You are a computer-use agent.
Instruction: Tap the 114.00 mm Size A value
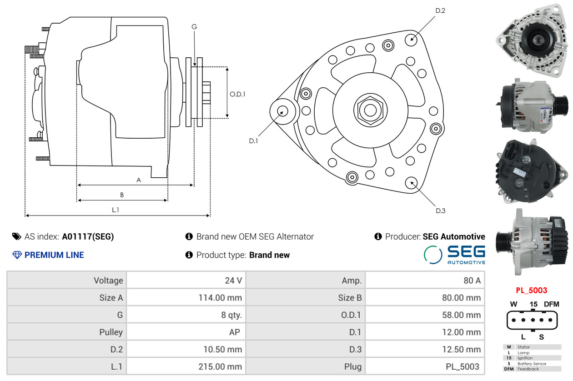point(220,298)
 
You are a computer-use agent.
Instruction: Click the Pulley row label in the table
point(111,332)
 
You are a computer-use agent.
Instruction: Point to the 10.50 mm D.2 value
point(222,349)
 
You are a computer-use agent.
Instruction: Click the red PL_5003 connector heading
point(531,290)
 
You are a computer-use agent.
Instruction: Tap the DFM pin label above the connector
point(552,304)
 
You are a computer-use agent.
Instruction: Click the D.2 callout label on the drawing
point(440,11)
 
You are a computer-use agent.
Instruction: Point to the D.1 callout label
point(253,141)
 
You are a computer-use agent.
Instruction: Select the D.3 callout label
point(441,211)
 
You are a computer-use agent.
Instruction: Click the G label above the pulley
point(194,26)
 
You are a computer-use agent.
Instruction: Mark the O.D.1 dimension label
point(237,95)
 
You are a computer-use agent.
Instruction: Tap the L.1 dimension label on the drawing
point(116,210)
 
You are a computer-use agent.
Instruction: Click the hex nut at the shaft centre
point(370,110)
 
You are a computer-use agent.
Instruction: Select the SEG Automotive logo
point(454,255)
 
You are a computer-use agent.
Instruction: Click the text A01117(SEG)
point(88,236)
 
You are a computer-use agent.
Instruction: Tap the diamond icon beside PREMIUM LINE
point(17,255)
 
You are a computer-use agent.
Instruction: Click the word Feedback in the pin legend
point(528,369)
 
